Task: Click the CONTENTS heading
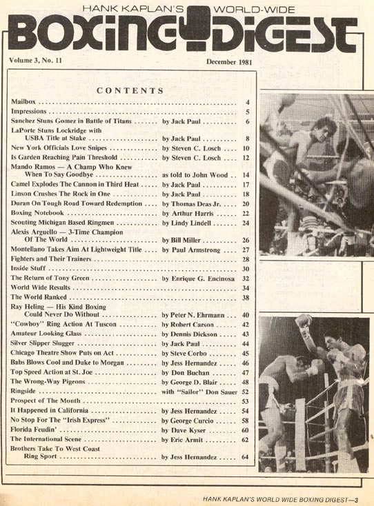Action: click(130, 90)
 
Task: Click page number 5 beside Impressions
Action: click(246, 112)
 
